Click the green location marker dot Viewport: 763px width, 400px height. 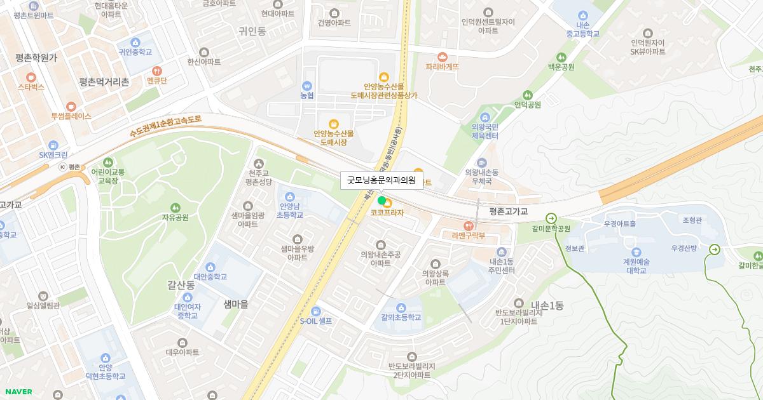pyautogui.click(x=382, y=201)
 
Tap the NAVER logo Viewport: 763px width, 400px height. pyautogui.click(x=18, y=392)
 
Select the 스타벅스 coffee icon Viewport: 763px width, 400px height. pyautogui.click(x=31, y=76)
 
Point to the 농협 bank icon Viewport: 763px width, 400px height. pyautogui.click(x=307, y=85)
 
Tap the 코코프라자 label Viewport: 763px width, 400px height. pyautogui.click(x=387, y=213)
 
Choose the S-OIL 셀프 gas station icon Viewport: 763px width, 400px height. pyautogui.click(x=316, y=310)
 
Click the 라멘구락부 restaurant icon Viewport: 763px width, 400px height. pyautogui.click(x=469, y=225)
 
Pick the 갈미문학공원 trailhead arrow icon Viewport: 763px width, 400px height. pyautogui.click(x=551, y=217)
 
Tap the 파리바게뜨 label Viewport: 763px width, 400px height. pyautogui.click(x=443, y=66)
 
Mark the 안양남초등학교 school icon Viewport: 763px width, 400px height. pyautogui.click(x=290, y=196)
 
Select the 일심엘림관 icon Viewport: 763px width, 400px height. pyautogui.click(x=43, y=295)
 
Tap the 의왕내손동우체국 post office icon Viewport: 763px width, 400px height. pyautogui.click(x=481, y=162)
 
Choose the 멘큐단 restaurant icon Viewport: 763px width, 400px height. pyautogui.click(x=156, y=70)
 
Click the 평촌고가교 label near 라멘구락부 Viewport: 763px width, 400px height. pyautogui.click(x=509, y=211)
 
